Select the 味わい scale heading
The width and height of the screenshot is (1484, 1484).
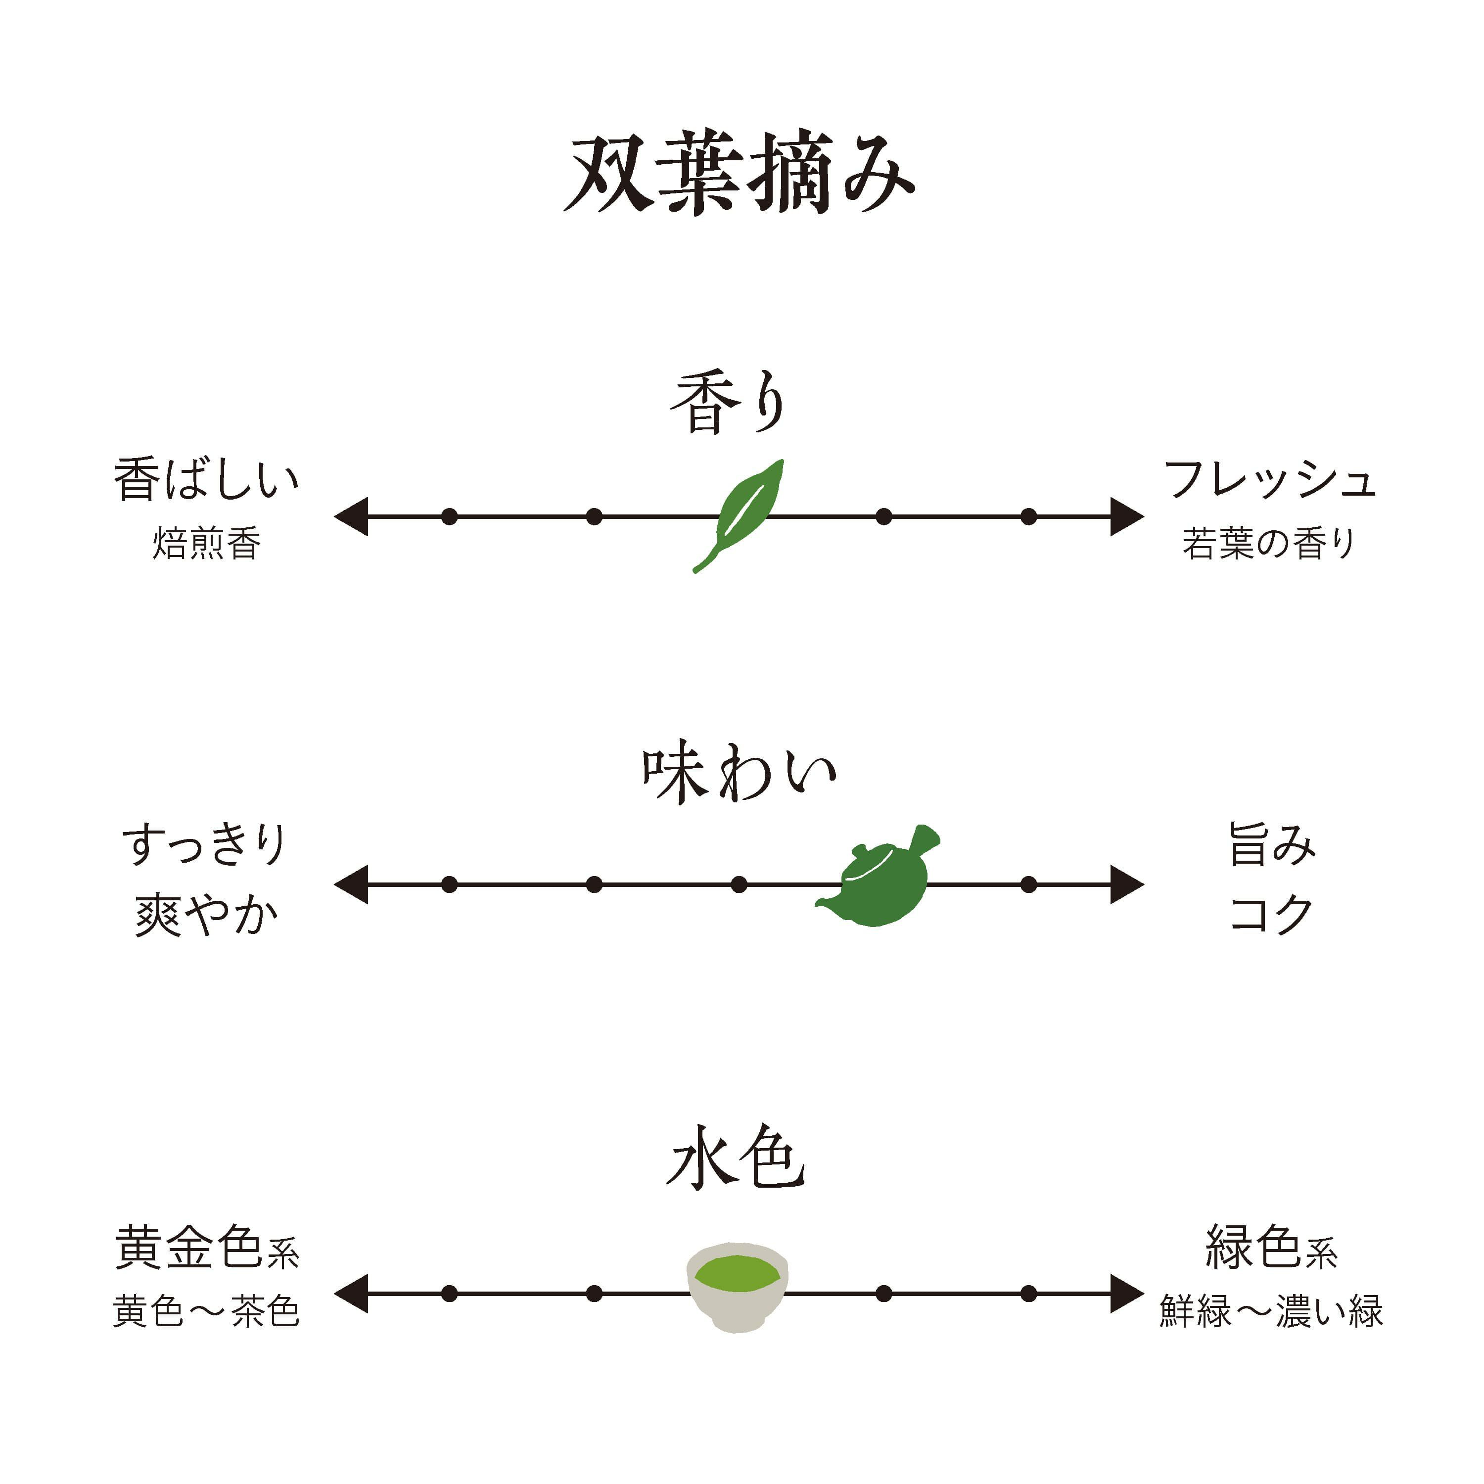click(739, 774)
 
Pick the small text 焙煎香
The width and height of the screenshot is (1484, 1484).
click(206, 544)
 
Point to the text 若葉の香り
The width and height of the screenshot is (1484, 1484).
click(1269, 544)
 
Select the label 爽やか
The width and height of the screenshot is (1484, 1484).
click(206, 916)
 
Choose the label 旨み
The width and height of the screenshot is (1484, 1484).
click(1272, 845)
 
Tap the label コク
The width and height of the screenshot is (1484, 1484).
click(1272, 914)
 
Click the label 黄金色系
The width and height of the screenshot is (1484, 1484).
click(206, 1248)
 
